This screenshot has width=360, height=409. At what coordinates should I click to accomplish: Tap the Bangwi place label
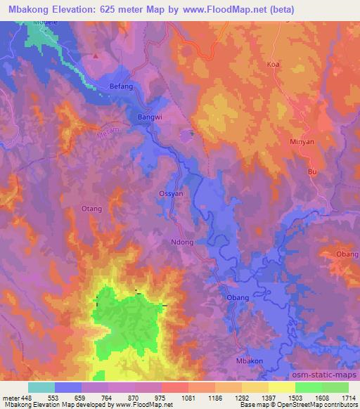tap(149, 117)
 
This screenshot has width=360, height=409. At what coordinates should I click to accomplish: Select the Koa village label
tap(273, 64)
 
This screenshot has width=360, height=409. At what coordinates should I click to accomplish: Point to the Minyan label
tap(301, 141)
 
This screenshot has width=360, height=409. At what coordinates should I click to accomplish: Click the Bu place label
tap(313, 171)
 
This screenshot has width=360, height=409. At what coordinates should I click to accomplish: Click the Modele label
tap(44, 22)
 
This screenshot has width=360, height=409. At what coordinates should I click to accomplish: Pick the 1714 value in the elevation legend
tap(347, 397)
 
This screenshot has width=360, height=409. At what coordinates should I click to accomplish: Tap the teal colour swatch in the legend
tap(41, 387)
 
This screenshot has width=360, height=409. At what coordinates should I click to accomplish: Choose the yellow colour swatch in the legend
tap(281, 387)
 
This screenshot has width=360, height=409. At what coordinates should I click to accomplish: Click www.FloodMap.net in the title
tap(226, 10)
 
